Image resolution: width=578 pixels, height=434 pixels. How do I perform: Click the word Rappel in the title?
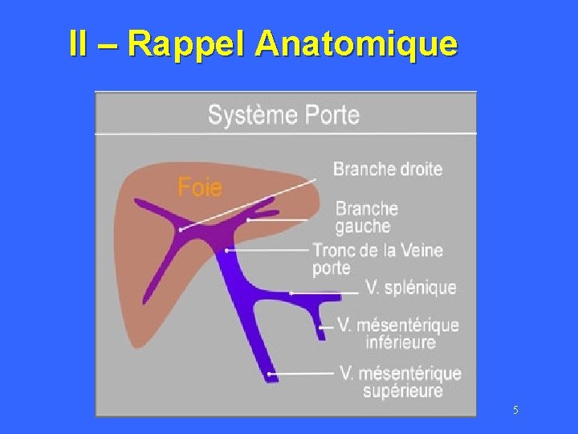[x=187, y=44]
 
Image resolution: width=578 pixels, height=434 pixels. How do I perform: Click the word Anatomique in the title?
[x=356, y=44]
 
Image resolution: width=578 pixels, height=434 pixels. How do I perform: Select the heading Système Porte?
[x=283, y=114]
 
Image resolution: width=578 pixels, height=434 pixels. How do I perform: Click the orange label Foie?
[x=199, y=187]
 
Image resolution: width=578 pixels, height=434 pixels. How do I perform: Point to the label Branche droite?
[x=387, y=169]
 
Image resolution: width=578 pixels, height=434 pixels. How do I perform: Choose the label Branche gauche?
[x=366, y=217]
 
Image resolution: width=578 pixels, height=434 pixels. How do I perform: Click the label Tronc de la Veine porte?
[x=377, y=259]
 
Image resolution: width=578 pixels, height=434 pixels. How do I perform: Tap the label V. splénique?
[x=410, y=287]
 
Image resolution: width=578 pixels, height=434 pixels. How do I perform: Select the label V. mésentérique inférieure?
[x=398, y=334]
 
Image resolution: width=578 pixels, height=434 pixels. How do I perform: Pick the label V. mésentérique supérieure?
[x=401, y=382]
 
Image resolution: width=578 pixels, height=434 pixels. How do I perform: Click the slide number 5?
[x=515, y=411]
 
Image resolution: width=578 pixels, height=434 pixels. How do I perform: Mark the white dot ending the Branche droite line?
[x=181, y=230]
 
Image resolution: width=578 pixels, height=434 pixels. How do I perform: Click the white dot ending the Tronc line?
[x=227, y=251]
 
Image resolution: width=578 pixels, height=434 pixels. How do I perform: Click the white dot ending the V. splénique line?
[x=291, y=293]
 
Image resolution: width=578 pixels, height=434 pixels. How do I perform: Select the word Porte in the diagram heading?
[x=332, y=114]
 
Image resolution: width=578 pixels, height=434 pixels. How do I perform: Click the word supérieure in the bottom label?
[x=403, y=391]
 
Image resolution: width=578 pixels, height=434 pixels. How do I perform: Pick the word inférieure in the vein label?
[x=401, y=342]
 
